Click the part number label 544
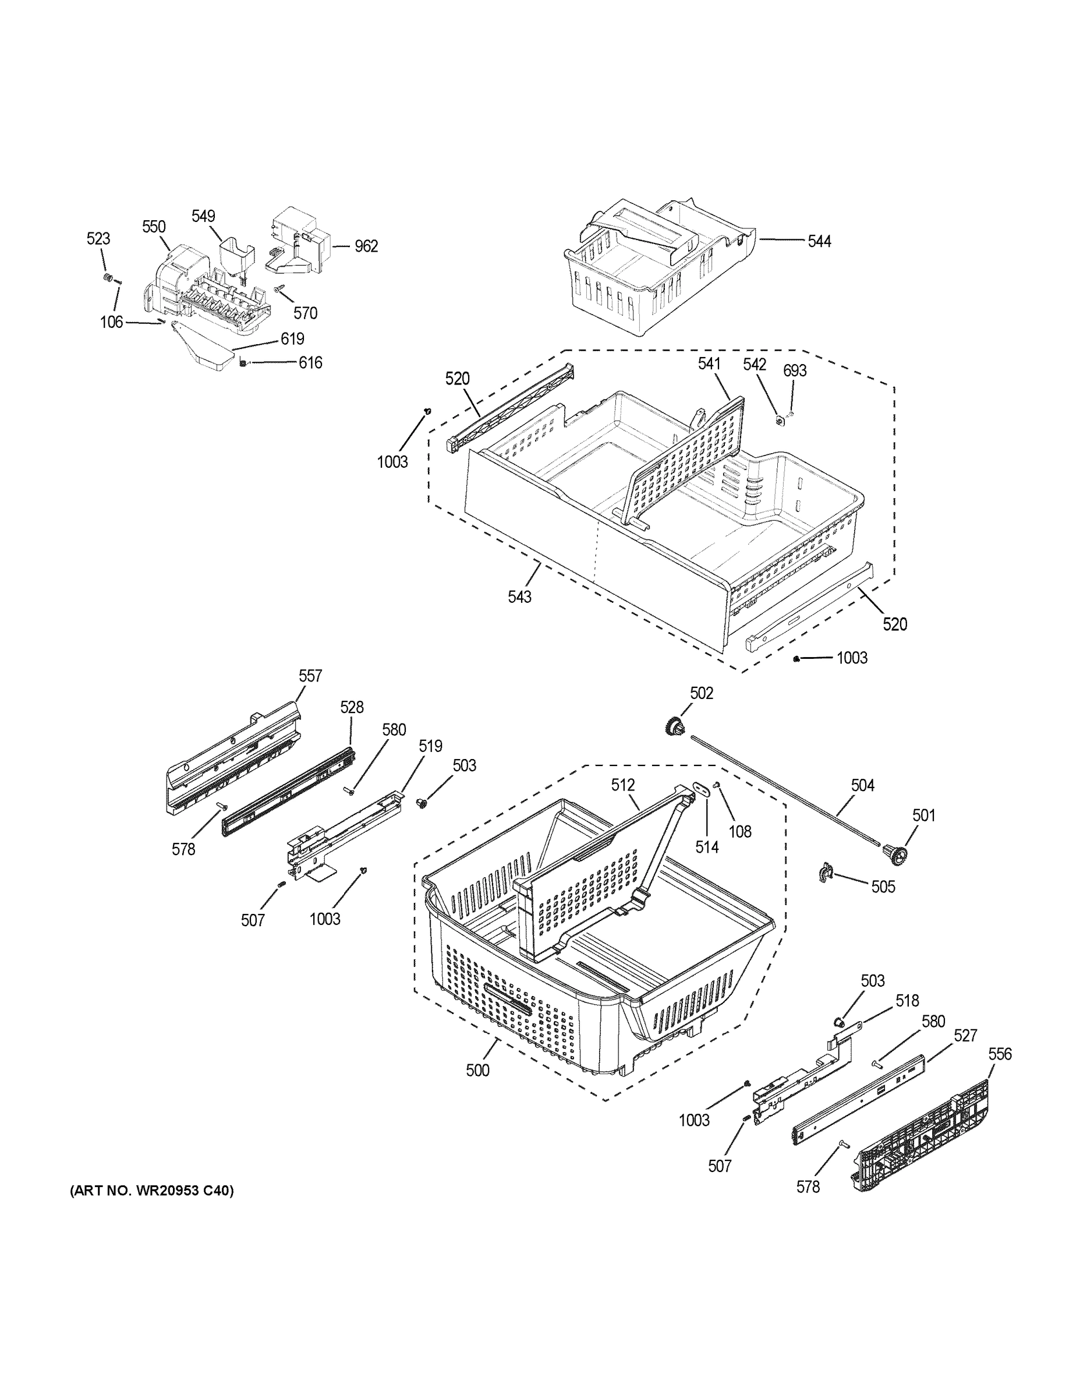point(819,241)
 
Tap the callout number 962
point(366,246)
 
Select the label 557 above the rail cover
point(310,676)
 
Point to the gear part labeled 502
point(674,726)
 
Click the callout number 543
point(519,596)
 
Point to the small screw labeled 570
point(279,290)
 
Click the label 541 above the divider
point(709,364)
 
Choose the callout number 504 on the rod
point(862,785)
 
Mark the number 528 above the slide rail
point(351,707)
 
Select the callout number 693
point(795,370)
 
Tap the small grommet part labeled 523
point(109,278)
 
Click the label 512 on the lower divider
point(622,785)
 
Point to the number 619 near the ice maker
point(292,338)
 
